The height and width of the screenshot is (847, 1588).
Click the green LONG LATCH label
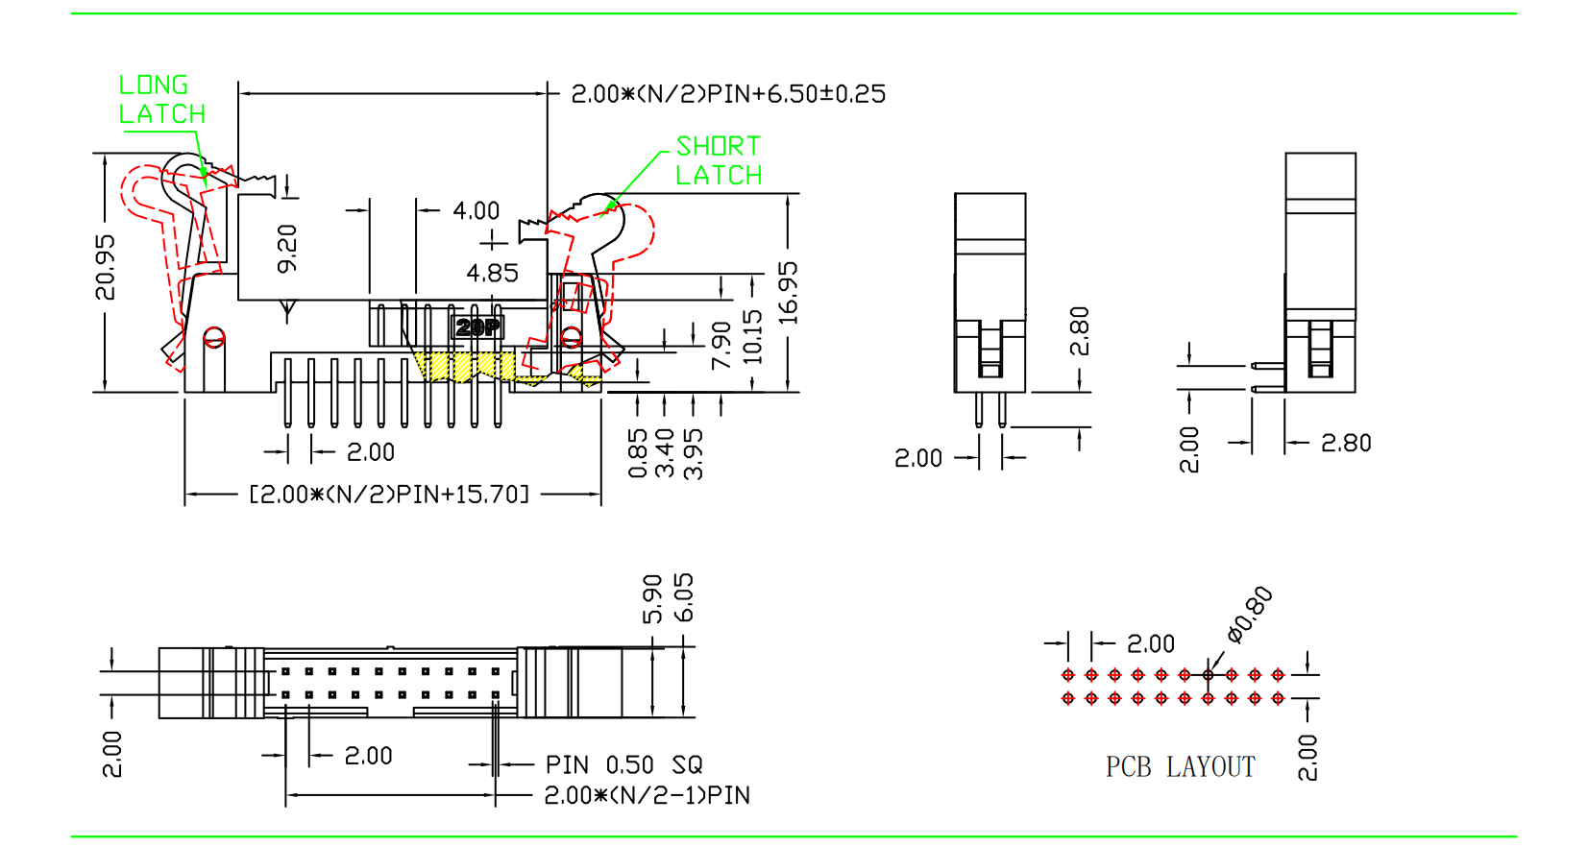(x=161, y=99)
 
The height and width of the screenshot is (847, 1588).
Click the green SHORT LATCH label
(x=719, y=160)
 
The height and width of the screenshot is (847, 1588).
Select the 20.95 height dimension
(x=105, y=267)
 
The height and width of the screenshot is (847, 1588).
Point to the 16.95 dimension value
(x=788, y=292)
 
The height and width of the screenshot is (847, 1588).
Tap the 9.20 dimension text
(x=287, y=248)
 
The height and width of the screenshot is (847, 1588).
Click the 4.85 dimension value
(x=492, y=274)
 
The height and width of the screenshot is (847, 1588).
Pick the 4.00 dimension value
(x=476, y=210)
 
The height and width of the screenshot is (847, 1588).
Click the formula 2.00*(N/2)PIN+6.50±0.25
(x=728, y=94)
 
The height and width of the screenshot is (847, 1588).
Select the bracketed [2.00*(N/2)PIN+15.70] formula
(x=389, y=495)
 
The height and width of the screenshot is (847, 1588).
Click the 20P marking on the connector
(x=477, y=327)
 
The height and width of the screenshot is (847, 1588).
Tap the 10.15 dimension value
(x=752, y=336)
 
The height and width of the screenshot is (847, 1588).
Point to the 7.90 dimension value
(x=721, y=345)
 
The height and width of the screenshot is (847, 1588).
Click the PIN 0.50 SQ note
(x=624, y=765)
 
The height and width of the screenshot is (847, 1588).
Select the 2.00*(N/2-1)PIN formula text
(x=647, y=795)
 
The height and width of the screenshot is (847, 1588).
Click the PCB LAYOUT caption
(x=1180, y=767)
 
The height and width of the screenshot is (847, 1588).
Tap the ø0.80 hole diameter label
(x=1250, y=614)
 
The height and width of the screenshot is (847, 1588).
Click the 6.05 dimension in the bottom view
(x=684, y=597)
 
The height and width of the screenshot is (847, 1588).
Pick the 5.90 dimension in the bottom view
(x=653, y=598)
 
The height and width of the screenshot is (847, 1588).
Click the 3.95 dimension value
(x=694, y=453)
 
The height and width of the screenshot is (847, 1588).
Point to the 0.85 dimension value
(x=638, y=453)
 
